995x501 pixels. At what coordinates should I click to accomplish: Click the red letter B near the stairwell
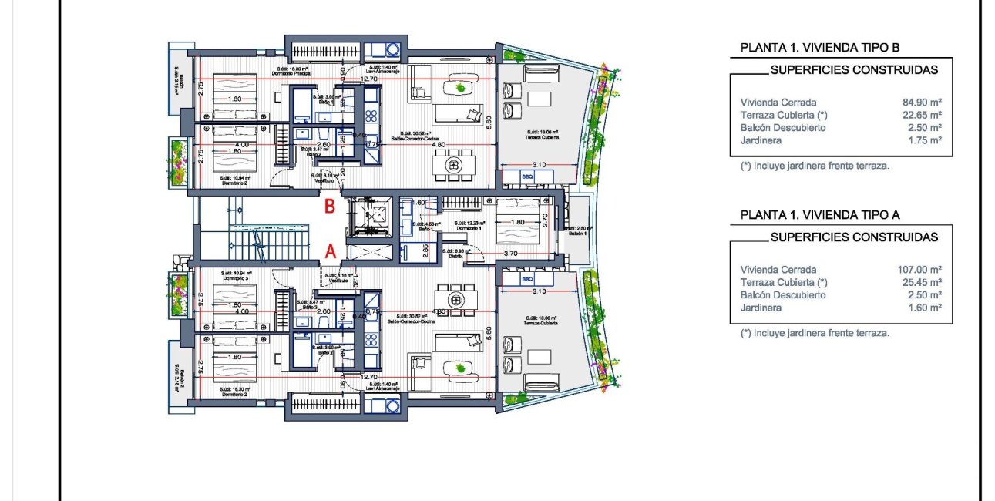329,207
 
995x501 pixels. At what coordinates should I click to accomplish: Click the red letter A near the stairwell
330,250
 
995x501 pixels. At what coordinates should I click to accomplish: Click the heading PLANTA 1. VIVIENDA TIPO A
820,215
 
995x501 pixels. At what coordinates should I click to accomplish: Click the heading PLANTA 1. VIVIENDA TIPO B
820,48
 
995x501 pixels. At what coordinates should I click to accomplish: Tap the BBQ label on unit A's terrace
528,279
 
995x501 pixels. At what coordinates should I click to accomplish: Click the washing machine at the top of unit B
392,50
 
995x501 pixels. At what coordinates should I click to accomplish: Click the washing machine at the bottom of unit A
392,405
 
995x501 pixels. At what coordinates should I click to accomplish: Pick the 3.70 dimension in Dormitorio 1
509,253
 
